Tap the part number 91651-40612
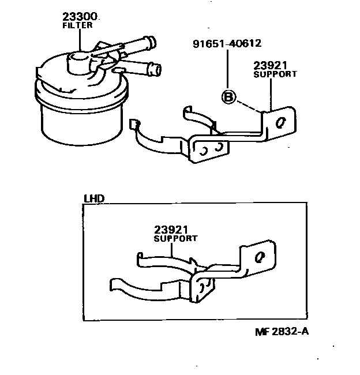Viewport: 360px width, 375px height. point(227,43)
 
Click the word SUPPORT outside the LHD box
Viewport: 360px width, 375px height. point(276,74)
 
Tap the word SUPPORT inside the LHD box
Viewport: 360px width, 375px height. point(175,238)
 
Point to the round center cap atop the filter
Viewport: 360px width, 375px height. point(78,59)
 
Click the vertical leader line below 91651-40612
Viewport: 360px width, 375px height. point(228,69)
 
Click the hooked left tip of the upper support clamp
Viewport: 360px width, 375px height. point(134,124)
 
